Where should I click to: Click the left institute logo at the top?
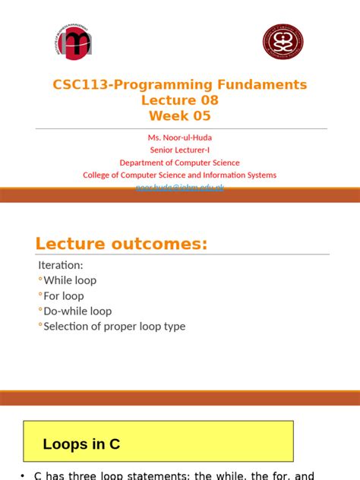click(74, 43)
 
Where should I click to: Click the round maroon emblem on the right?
click(283, 41)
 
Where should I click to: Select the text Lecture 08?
click(179, 100)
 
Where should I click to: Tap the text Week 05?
click(179, 116)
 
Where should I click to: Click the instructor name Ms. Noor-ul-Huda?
click(179, 138)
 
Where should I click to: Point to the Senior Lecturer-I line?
click(179, 150)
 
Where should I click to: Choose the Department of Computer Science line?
click(179, 163)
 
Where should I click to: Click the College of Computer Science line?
click(179, 175)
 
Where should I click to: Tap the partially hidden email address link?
click(179, 186)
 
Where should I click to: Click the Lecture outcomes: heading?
click(122, 244)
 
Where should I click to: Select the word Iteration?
click(61, 265)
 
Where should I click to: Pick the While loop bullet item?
click(70, 280)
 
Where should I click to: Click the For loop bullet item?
click(64, 295)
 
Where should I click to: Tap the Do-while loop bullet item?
click(77, 311)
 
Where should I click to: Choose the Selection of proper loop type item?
click(114, 327)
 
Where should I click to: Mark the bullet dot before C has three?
click(23, 475)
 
